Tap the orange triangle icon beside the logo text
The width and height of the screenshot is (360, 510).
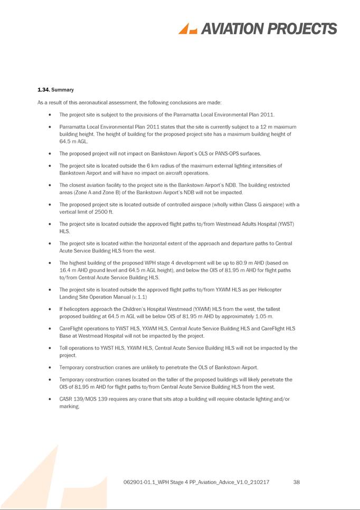tap(187, 29)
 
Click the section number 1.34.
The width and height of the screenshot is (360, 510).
tap(43, 90)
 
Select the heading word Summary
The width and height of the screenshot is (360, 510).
tap(62, 90)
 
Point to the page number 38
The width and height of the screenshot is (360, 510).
tap(296, 482)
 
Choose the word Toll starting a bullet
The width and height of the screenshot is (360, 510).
tap(64, 348)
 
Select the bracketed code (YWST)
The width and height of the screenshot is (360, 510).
tap(285, 224)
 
